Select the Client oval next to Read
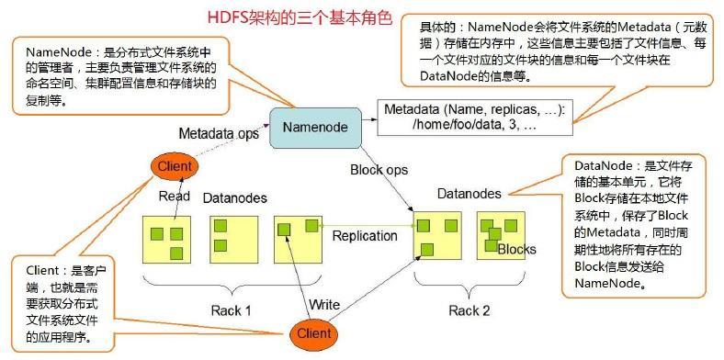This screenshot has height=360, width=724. pyautogui.click(x=174, y=166)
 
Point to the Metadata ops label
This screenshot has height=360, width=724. pyautogui.click(x=218, y=133)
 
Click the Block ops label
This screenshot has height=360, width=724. pyautogui.click(x=378, y=169)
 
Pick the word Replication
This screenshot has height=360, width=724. pyautogui.click(x=365, y=236)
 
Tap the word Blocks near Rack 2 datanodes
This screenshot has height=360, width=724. pyautogui.click(x=516, y=249)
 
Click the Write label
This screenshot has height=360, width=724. pyautogui.click(x=326, y=303)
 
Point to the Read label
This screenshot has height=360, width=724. pyautogui.click(x=174, y=196)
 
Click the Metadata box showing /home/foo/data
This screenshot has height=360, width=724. pyautogui.click(x=475, y=117)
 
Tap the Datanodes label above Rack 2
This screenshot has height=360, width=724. pyautogui.click(x=469, y=194)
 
